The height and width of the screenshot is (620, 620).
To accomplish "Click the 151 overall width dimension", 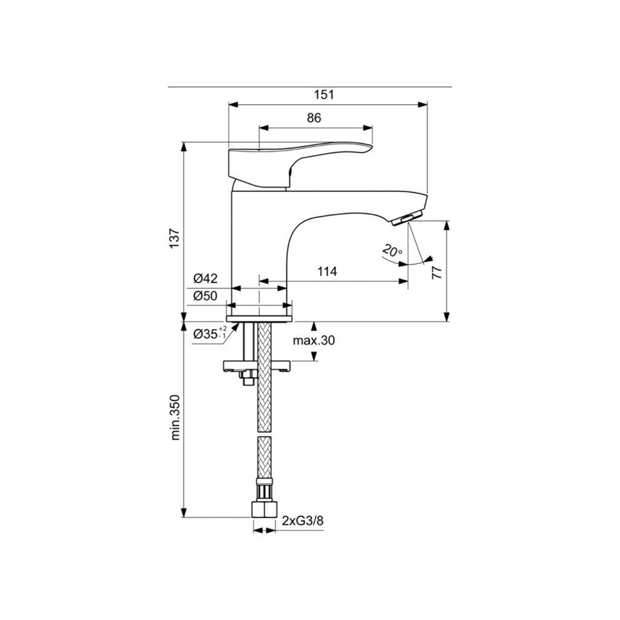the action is (324, 95).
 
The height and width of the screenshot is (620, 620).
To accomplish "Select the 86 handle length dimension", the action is (314, 118).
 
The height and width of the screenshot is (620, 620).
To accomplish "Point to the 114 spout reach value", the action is (327, 271).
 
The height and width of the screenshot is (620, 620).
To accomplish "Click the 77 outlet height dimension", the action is (436, 273).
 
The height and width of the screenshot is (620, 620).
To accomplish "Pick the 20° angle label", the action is (392, 251).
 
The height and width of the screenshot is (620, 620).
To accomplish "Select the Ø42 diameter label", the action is (206, 279).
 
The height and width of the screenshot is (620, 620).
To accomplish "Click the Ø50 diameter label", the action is (206, 295).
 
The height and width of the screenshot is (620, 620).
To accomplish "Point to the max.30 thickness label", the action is (314, 340).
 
